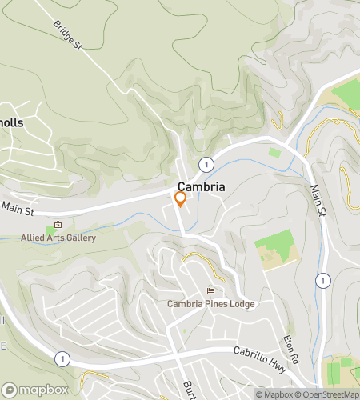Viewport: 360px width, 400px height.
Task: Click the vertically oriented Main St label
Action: click(x=318, y=201)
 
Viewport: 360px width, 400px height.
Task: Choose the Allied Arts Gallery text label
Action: click(x=58, y=238)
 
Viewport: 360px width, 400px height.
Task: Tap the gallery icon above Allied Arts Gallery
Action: click(x=57, y=225)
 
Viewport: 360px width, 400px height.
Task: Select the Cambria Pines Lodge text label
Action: click(x=210, y=304)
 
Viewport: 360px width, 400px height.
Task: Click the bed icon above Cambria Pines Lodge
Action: click(x=210, y=291)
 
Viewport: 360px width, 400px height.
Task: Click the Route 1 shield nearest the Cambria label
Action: click(x=207, y=164)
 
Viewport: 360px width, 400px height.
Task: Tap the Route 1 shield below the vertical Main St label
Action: click(x=322, y=280)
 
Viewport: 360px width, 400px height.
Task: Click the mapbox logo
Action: click(x=35, y=390)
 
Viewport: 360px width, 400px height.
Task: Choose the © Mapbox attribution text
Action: click(x=276, y=394)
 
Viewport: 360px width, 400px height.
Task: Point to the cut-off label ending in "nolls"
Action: click(x=12, y=123)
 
